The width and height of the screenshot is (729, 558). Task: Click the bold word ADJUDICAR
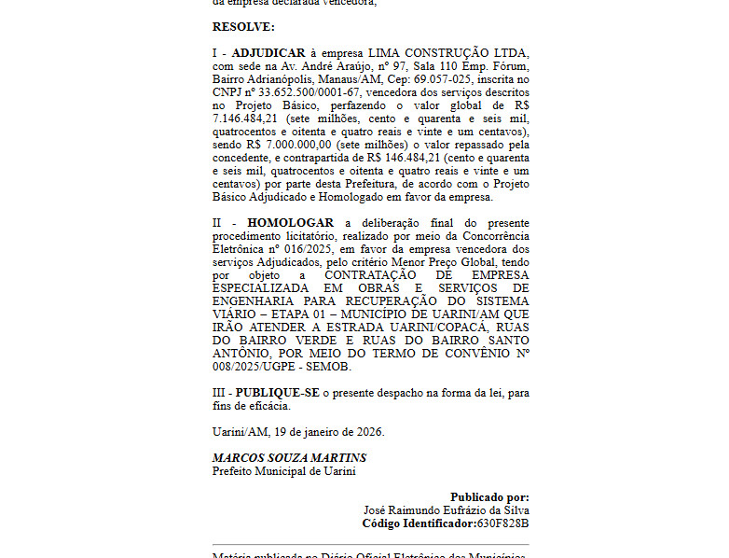(x=268, y=53)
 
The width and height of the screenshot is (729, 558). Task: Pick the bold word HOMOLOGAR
(x=291, y=224)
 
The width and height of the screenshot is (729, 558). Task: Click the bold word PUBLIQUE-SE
(x=277, y=394)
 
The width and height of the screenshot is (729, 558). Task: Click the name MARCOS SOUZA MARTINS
(x=289, y=458)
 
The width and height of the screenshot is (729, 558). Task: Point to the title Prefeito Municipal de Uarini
(x=283, y=471)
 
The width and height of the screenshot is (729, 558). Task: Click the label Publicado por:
(x=489, y=497)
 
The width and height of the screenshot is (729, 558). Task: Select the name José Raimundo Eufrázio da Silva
(x=447, y=510)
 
